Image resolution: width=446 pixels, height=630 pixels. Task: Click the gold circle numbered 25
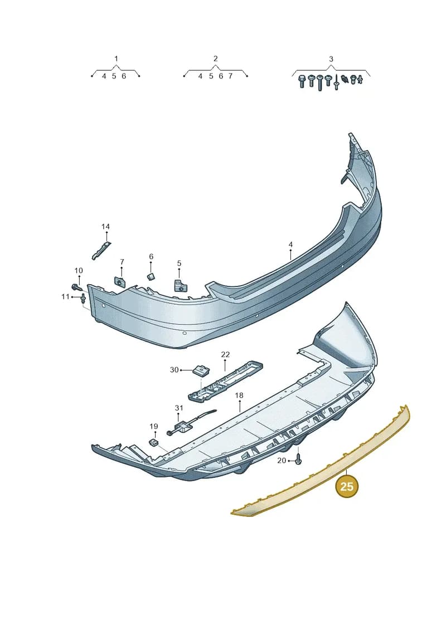pyautogui.click(x=346, y=486)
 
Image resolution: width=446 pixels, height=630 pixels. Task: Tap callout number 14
pyautogui.click(x=105, y=227)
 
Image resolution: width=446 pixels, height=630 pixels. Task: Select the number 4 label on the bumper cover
pyautogui.click(x=290, y=245)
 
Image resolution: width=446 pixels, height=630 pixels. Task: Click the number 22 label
pyautogui.click(x=225, y=354)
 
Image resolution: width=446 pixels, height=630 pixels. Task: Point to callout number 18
pyautogui.click(x=239, y=395)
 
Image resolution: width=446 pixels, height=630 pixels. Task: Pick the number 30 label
pyautogui.click(x=174, y=370)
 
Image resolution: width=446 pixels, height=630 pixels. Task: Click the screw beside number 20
pyautogui.click(x=298, y=459)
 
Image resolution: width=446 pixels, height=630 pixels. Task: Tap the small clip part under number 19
pyautogui.click(x=153, y=442)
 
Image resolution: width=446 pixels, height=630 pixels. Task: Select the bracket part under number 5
pyautogui.click(x=180, y=285)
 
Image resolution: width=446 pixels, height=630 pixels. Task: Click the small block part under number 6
pyautogui.click(x=151, y=276)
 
